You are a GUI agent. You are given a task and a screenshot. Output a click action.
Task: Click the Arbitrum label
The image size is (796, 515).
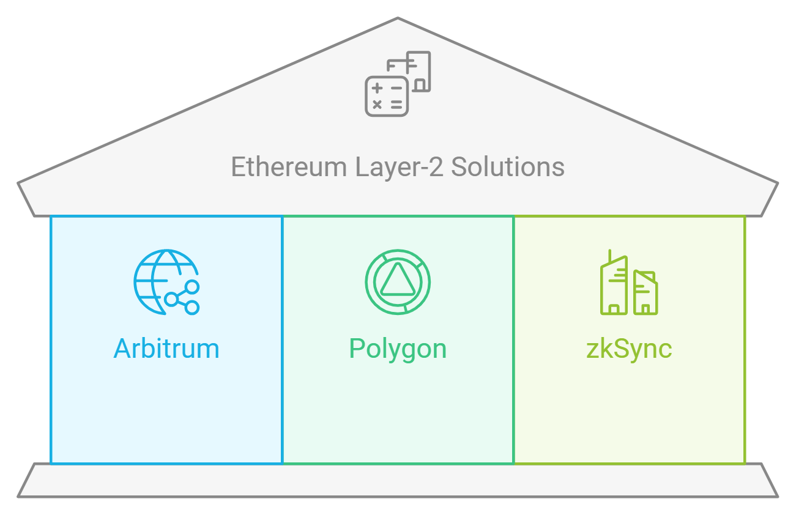(x=166, y=349)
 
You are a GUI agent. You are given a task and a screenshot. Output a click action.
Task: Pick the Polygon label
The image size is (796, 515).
(x=398, y=349)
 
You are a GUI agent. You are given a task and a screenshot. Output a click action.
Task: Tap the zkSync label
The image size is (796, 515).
(x=629, y=349)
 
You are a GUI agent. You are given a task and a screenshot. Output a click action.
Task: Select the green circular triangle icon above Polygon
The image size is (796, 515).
(x=398, y=282)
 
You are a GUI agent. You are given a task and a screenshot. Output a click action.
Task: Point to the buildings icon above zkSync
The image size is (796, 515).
(x=628, y=283)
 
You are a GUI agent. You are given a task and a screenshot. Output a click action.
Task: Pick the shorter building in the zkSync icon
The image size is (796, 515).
(x=645, y=294)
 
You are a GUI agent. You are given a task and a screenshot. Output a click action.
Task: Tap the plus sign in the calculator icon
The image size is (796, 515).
(x=378, y=89)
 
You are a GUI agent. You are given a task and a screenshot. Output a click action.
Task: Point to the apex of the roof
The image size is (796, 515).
(x=398, y=20)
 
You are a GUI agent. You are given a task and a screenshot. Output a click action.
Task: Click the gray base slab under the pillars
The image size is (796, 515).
(x=398, y=480)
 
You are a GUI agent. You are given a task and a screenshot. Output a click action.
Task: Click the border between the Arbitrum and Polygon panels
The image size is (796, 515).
(x=282, y=398)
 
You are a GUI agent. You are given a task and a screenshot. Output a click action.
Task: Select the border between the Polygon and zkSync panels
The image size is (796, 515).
(x=513, y=398)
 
